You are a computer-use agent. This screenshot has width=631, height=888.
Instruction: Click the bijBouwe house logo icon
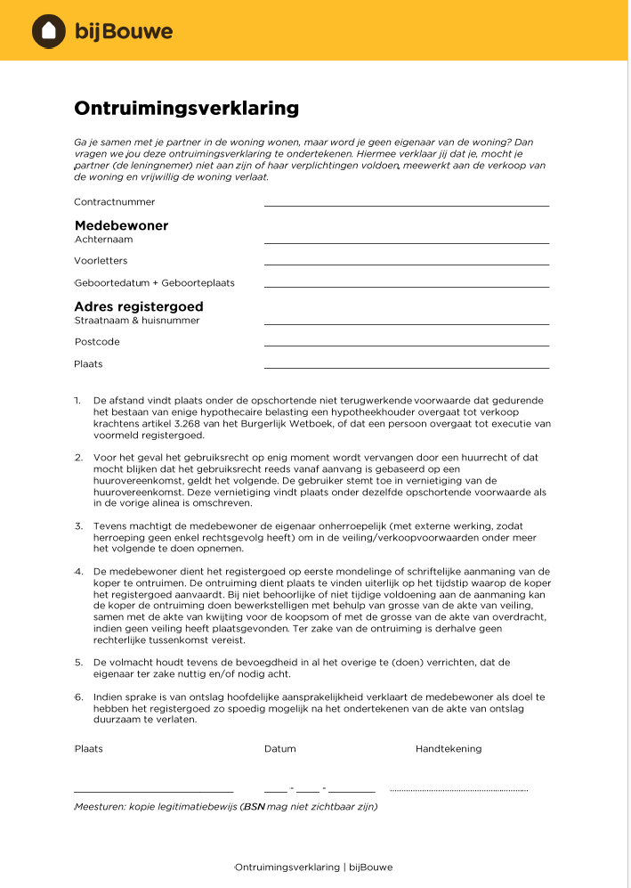(49, 31)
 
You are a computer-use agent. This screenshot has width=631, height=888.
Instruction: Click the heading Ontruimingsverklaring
(186, 109)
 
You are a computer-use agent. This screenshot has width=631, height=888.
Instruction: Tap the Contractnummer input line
(406, 205)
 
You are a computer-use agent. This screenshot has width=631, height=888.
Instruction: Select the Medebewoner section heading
(121, 225)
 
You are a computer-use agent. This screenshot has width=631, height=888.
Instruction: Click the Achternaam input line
(406, 242)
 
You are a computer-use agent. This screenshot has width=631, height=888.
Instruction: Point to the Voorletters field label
(101, 261)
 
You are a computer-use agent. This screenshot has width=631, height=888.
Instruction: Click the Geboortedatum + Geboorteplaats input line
(406, 286)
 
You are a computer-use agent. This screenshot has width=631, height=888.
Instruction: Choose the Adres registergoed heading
(138, 306)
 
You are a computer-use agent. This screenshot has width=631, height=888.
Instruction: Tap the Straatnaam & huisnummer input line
(406, 323)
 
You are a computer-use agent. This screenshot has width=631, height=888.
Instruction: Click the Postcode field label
(97, 342)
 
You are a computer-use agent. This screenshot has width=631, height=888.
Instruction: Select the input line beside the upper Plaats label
(406, 367)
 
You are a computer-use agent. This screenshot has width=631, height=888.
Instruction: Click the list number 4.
(78, 571)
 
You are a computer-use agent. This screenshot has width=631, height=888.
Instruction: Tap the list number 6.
(78, 697)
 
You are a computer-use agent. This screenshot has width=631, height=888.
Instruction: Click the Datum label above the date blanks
(280, 749)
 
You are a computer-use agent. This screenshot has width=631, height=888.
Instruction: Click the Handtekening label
(449, 749)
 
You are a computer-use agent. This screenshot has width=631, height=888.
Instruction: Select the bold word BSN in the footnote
(255, 807)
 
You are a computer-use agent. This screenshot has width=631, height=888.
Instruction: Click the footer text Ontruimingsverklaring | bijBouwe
(313, 867)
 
